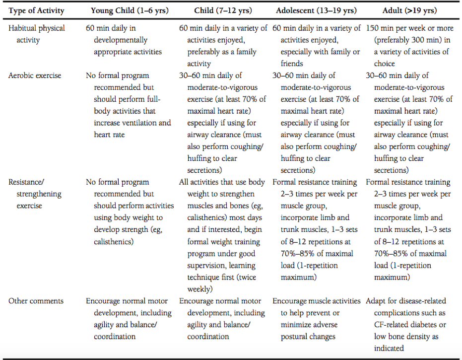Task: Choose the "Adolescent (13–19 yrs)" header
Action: [x=316, y=10]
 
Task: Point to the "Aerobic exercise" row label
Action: [x=35, y=75]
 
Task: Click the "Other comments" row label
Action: [x=36, y=301]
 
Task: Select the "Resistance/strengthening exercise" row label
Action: [x=33, y=194]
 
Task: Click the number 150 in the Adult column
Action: [x=373, y=28]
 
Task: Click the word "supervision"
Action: [x=208, y=265]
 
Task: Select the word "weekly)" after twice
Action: [x=200, y=289]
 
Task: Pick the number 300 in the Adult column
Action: [x=421, y=40]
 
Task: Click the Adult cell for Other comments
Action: [x=409, y=325]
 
